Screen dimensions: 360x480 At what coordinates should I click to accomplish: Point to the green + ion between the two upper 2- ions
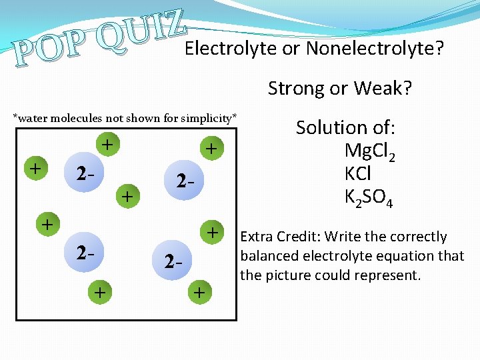coord(128,196)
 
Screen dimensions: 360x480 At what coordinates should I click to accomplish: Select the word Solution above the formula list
coord(332,127)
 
